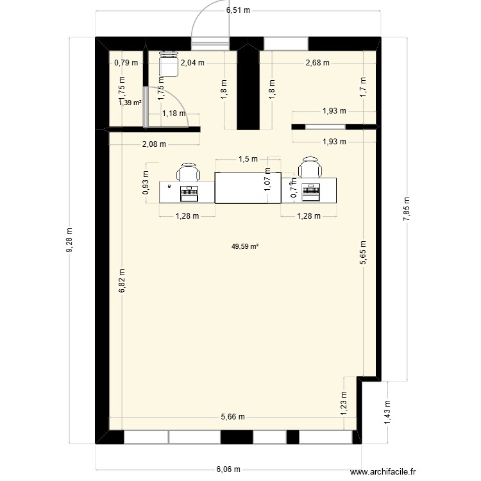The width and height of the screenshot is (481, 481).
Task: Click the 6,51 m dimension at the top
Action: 238,10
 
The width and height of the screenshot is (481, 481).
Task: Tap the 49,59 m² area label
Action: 246,246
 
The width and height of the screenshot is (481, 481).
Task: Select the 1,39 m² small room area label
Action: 130,102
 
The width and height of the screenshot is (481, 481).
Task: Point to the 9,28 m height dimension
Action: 70,240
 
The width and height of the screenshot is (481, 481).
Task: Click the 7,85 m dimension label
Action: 406,208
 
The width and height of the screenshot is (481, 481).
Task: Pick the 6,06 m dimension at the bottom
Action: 229,469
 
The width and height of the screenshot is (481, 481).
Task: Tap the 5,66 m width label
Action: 233,417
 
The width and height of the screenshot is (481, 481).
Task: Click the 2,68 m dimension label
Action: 317,63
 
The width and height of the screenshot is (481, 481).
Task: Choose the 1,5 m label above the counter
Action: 248,159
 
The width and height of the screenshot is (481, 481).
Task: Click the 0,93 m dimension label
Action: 146,183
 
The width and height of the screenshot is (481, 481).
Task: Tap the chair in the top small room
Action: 168,63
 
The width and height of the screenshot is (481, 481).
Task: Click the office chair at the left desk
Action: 188,172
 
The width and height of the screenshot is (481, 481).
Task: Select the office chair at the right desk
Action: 310,169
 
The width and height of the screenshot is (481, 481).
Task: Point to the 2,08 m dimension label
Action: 154,144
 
